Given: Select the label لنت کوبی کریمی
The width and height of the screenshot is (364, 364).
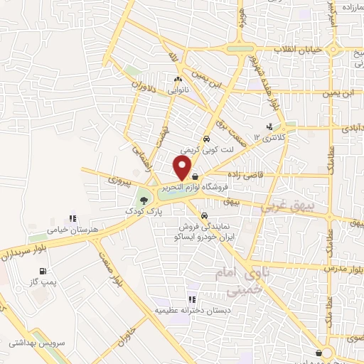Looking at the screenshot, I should click(x=200, y=151).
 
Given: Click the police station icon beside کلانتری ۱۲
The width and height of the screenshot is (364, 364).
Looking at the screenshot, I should click(x=269, y=128).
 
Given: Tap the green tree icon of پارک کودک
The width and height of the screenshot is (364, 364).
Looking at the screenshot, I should click(x=145, y=200).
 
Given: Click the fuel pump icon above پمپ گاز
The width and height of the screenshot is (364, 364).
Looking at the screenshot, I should click(x=44, y=271).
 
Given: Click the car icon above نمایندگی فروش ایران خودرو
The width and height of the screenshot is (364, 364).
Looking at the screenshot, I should click(x=204, y=215).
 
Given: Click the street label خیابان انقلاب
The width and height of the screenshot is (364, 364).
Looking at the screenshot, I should click(x=299, y=49).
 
